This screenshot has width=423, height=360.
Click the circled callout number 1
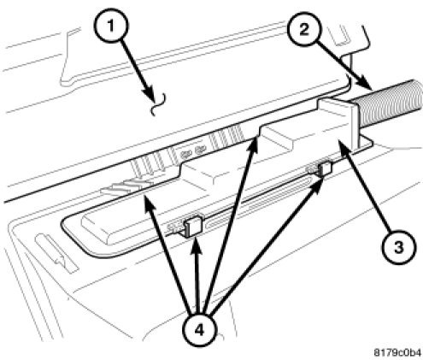(111, 27)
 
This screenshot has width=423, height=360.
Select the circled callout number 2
(304, 29)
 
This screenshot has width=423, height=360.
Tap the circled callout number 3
(399, 247)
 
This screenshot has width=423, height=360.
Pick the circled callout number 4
(200, 331)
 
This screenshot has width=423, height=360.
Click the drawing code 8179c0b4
(397, 352)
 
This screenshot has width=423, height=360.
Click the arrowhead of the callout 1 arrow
(151, 96)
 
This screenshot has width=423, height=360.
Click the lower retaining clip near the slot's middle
(193, 226)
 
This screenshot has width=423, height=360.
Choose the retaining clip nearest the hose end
(325, 168)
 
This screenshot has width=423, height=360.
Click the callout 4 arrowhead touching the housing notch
(253, 143)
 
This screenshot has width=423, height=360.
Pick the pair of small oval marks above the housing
(192, 151)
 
